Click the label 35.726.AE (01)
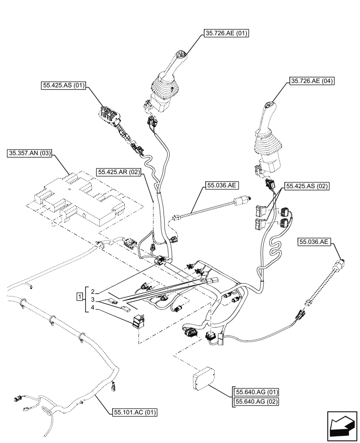click(x=226, y=33)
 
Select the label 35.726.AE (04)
click(x=312, y=81)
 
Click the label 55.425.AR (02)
click(x=119, y=172)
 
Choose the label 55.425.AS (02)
click(x=307, y=187)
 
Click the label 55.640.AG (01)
click(x=257, y=392)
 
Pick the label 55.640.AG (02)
click(x=257, y=402)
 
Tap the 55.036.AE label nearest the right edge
click(x=314, y=242)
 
